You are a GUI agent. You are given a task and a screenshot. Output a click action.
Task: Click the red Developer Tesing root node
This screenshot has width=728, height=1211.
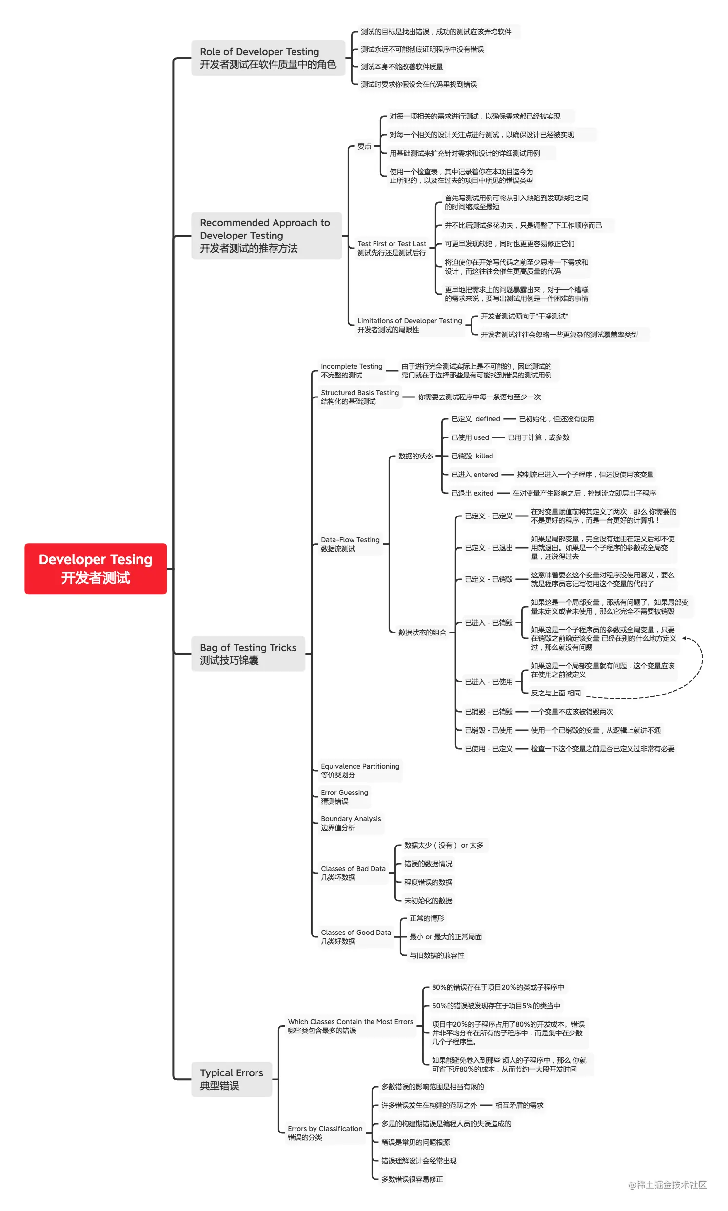coord(96,568)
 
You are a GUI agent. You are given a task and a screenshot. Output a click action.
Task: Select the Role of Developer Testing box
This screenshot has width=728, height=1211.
coord(268,58)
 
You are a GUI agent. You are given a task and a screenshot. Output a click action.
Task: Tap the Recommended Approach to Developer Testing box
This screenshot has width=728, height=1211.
coord(266,236)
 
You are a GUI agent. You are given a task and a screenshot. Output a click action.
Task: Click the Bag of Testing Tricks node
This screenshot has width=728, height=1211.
coord(248,654)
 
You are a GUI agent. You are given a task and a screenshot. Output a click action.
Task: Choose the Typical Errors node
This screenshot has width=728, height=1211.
coord(232,1078)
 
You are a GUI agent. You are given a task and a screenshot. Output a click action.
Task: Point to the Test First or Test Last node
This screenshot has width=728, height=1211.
coord(392,248)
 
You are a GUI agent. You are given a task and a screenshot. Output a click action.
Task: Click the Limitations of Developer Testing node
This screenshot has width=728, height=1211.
coord(409,325)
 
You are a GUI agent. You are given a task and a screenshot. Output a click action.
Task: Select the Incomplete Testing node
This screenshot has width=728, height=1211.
coord(351,371)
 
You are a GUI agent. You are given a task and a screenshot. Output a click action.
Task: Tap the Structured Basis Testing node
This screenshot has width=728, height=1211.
coord(359,397)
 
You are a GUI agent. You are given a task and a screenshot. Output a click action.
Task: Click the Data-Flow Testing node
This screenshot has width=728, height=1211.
coord(350,544)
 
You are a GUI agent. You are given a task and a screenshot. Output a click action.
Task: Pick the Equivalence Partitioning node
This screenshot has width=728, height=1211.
coord(359,771)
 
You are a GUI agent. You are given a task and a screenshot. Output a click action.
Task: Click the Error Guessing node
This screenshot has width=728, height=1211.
coord(344,797)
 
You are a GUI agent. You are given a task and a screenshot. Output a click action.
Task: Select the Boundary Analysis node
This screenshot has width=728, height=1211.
coord(350,823)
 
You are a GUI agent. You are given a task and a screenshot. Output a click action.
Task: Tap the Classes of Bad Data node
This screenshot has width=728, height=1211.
coord(353,873)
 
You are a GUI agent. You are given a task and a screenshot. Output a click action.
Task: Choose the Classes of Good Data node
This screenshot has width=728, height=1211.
coord(355,937)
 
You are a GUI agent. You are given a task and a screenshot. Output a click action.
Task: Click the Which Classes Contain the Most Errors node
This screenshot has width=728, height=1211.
coord(350,1026)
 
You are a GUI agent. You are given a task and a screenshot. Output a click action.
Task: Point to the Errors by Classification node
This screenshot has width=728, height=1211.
coord(325,1132)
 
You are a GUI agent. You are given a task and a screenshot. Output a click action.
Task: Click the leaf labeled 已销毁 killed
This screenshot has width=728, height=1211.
coord(472,456)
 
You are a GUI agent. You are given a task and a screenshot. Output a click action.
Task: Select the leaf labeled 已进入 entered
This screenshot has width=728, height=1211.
coord(474,475)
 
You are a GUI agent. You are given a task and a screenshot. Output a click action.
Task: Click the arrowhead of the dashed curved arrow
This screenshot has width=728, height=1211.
coord(684,638)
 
